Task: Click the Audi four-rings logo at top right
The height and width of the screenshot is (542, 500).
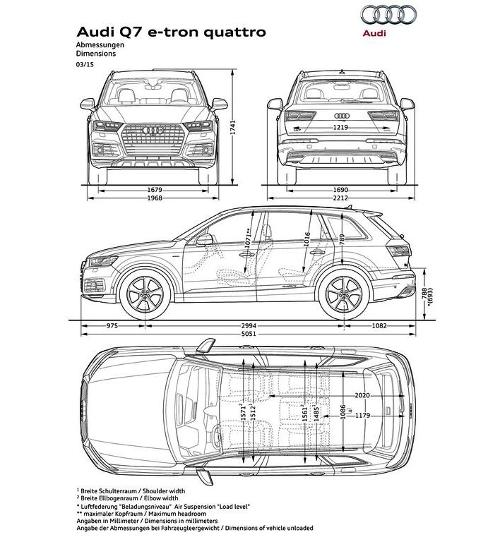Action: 388,15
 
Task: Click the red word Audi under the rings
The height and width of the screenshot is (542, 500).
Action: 374,33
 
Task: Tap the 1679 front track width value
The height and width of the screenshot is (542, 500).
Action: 155,190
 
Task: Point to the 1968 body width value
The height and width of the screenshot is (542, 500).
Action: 155,198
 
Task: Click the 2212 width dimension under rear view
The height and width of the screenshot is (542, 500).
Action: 340,198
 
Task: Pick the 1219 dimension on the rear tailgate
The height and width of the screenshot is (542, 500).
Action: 340,128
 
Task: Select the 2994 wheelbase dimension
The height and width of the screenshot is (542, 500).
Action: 249,325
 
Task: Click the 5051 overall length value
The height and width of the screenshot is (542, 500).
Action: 249,334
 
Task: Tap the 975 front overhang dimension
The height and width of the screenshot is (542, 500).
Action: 112,325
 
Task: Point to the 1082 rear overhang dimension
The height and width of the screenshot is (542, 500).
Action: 379,325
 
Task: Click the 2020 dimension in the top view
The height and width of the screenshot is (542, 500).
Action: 362,395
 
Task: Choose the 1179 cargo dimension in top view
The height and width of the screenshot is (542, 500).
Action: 362,416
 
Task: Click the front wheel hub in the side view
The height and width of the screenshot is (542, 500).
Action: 145,294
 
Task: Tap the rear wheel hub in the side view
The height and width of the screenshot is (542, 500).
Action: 344,294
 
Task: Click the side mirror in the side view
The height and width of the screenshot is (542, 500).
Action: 204,240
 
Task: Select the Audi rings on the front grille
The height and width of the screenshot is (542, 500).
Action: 153,131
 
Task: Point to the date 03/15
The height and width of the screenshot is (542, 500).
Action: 85,64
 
